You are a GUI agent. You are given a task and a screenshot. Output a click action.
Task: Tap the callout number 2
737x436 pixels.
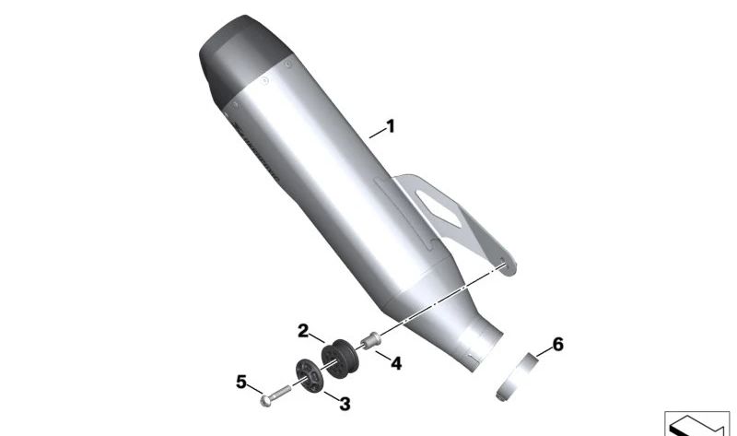point(303,330)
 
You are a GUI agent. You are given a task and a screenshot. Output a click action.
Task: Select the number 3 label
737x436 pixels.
point(345,403)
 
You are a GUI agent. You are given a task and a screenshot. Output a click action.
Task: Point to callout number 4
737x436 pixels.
point(396,363)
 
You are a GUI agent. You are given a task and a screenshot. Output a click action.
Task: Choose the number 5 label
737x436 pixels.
point(241,381)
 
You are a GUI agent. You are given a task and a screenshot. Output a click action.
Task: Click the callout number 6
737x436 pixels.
point(557,346)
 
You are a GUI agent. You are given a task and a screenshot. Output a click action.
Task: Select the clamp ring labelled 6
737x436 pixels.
point(520,379)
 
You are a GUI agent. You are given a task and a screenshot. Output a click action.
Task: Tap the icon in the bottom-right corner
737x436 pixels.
point(696,422)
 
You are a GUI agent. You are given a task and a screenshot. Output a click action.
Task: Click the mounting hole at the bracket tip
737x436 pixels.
point(502,267)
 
